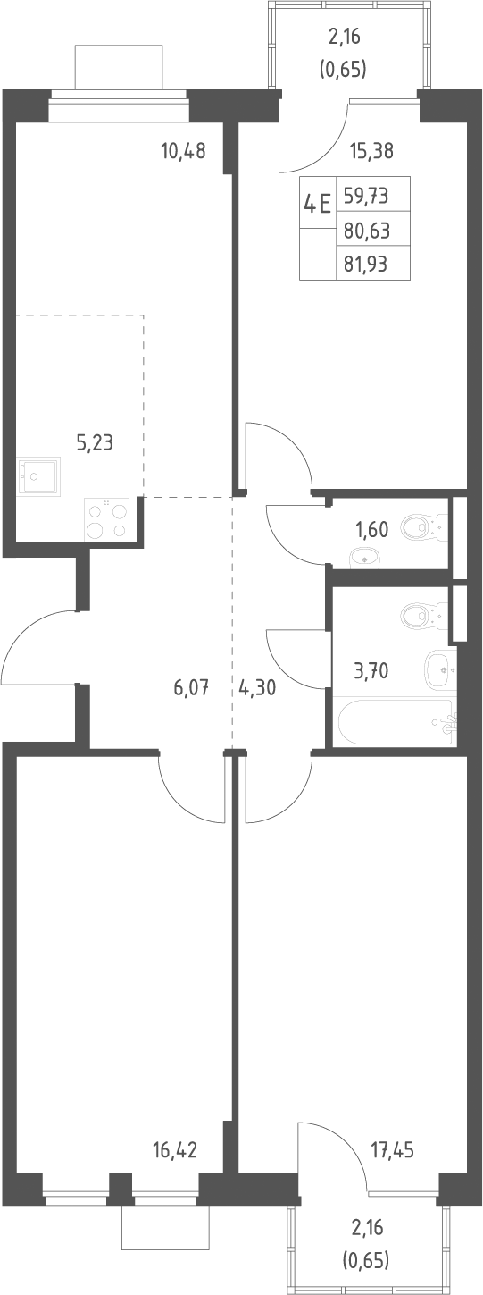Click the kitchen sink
point(38,475)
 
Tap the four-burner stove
point(107,519)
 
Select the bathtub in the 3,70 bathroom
point(396,722)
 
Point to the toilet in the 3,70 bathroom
point(423,615)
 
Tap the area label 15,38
point(371,151)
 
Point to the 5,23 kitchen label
point(95,443)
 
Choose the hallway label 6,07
point(190,687)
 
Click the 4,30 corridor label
point(256,687)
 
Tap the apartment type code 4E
point(317,204)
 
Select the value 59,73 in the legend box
point(367,196)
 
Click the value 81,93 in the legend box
point(367,265)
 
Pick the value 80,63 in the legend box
point(367,231)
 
